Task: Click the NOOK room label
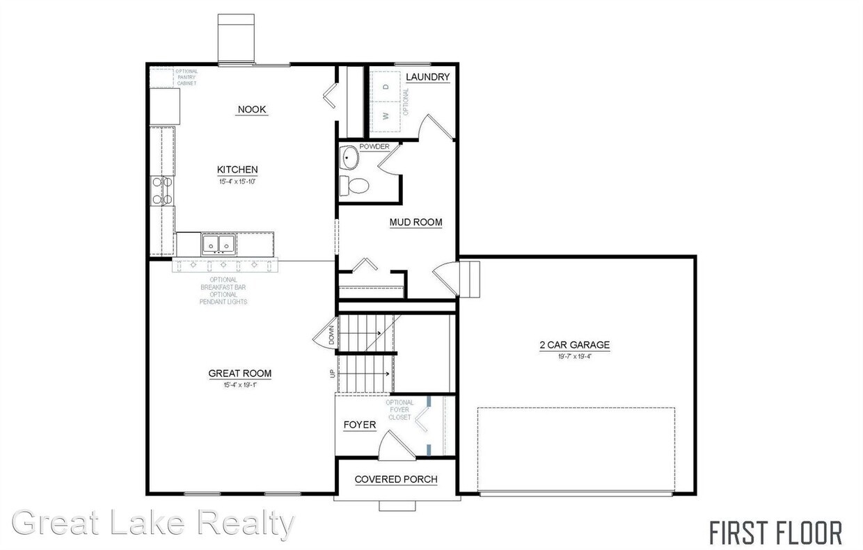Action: coord(252,110)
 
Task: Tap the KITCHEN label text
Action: coord(237,170)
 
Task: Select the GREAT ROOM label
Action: coord(240,373)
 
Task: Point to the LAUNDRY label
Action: coord(427,77)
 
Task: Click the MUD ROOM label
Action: coord(415,223)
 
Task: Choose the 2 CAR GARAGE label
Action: coord(574,345)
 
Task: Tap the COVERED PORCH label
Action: coord(396,479)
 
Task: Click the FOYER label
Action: coord(360,425)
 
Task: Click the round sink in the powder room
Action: coord(349,159)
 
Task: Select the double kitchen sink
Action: coord(219,244)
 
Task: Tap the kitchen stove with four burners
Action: coord(161,191)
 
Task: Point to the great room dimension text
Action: coord(240,385)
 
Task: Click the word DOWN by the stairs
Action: coord(331,337)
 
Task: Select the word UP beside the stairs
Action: coord(331,374)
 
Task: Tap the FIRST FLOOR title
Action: coord(775,533)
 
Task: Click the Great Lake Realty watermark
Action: coord(153,523)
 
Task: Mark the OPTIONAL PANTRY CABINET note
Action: coord(186,77)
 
